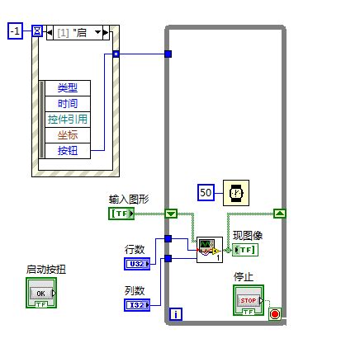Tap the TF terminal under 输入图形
[121, 214]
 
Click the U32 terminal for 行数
[135, 264]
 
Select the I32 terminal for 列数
[135, 305]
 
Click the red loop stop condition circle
[274, 313]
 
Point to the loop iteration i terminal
[175, 314]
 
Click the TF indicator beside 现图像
[245, 250]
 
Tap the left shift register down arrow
[171, 214]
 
